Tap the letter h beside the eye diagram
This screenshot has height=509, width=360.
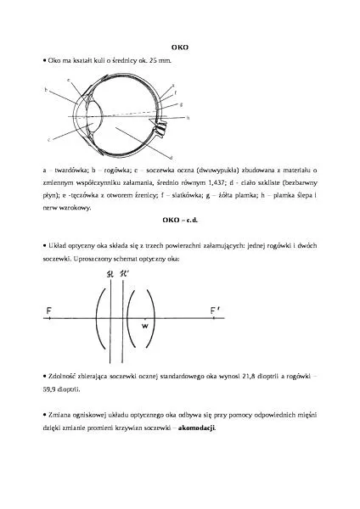pyautogui.click(x=188, y=117)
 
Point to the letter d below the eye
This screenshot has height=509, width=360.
pyautogui.click(x=172, y=157)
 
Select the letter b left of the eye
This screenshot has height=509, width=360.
pyautogui.click(x=46, y=89)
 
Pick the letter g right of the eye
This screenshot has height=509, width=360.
pyautogui.click(x=182, y=103)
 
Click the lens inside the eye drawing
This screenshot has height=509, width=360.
pyautogui.click(x=97, y=113)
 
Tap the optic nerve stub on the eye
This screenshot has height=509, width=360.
pyautogui.click(x=156, y=126)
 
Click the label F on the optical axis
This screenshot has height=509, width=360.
pyautogui.click(x=49, y=310)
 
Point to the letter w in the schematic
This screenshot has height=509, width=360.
pyautogui.click(x=145, y=325)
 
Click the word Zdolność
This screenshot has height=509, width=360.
pyautogui.click(x=60, y=374)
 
